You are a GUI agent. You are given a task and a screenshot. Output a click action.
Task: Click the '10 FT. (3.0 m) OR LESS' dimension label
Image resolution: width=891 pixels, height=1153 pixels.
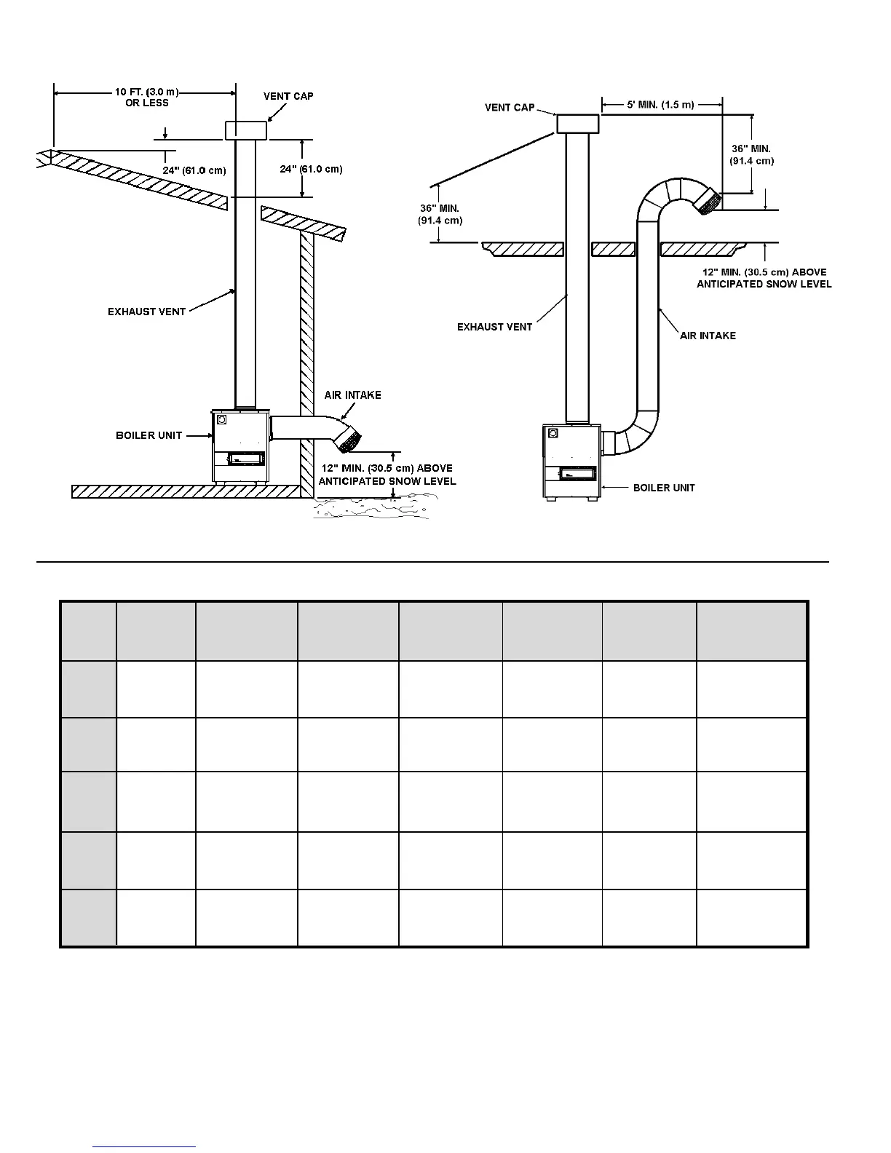pyautogui.click(x=146, y=98)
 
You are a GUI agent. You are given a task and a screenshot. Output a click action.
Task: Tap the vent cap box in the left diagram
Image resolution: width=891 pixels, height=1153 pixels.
pyautogui.click(x=246, y=130)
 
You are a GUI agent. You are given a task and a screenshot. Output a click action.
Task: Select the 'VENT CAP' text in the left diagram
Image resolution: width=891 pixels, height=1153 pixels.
pyautogui.click(x=288, y=96)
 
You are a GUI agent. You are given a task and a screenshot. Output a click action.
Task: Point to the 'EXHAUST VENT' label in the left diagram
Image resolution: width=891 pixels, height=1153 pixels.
pyautogui.click(x=146, y=312)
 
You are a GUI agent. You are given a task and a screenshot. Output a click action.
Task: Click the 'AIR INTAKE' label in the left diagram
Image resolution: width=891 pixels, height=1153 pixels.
pyautogui.click(x=352, y=395)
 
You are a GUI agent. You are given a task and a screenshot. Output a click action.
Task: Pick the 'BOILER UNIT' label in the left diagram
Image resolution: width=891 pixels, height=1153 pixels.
pyautogui.click(x=148, y=435)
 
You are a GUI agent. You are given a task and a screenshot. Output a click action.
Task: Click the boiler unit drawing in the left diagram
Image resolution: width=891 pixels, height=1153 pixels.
pyautogui.click(x=240, y=445)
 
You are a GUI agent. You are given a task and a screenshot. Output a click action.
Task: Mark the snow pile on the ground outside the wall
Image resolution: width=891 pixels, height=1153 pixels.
pyautogui.click(x=371, y=507)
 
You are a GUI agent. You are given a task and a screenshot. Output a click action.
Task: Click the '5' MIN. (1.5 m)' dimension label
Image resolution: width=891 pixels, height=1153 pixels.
pyautogui.click(x=661, y=105)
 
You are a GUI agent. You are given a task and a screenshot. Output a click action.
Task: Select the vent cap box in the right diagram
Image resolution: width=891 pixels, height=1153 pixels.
pyautogui.click(x=578, y=124)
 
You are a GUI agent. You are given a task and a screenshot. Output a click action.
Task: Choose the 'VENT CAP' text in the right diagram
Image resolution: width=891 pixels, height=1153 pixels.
pyautogui.click(x=510, y=108)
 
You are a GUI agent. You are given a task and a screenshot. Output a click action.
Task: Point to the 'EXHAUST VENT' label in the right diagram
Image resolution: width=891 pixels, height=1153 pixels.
pyautogui.click(x=494, y=327)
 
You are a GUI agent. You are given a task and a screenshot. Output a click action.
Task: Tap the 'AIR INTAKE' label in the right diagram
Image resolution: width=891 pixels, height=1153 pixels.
pyautogui.click(x=708, y=336)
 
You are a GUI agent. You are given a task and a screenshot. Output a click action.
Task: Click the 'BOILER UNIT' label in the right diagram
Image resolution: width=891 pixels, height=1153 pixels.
pyautogui.click(x=664, y=488)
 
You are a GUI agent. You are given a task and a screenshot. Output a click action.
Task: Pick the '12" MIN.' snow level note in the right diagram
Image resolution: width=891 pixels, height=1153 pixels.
pyautogui.click(x=764, y=278)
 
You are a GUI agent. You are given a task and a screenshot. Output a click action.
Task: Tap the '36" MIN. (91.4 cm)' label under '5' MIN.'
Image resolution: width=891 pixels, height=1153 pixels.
pyautogui.click(x=751, y=155)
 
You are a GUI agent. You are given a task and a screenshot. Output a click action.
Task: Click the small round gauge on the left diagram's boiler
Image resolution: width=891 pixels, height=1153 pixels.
pyautogui.click(x=222, y=419)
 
